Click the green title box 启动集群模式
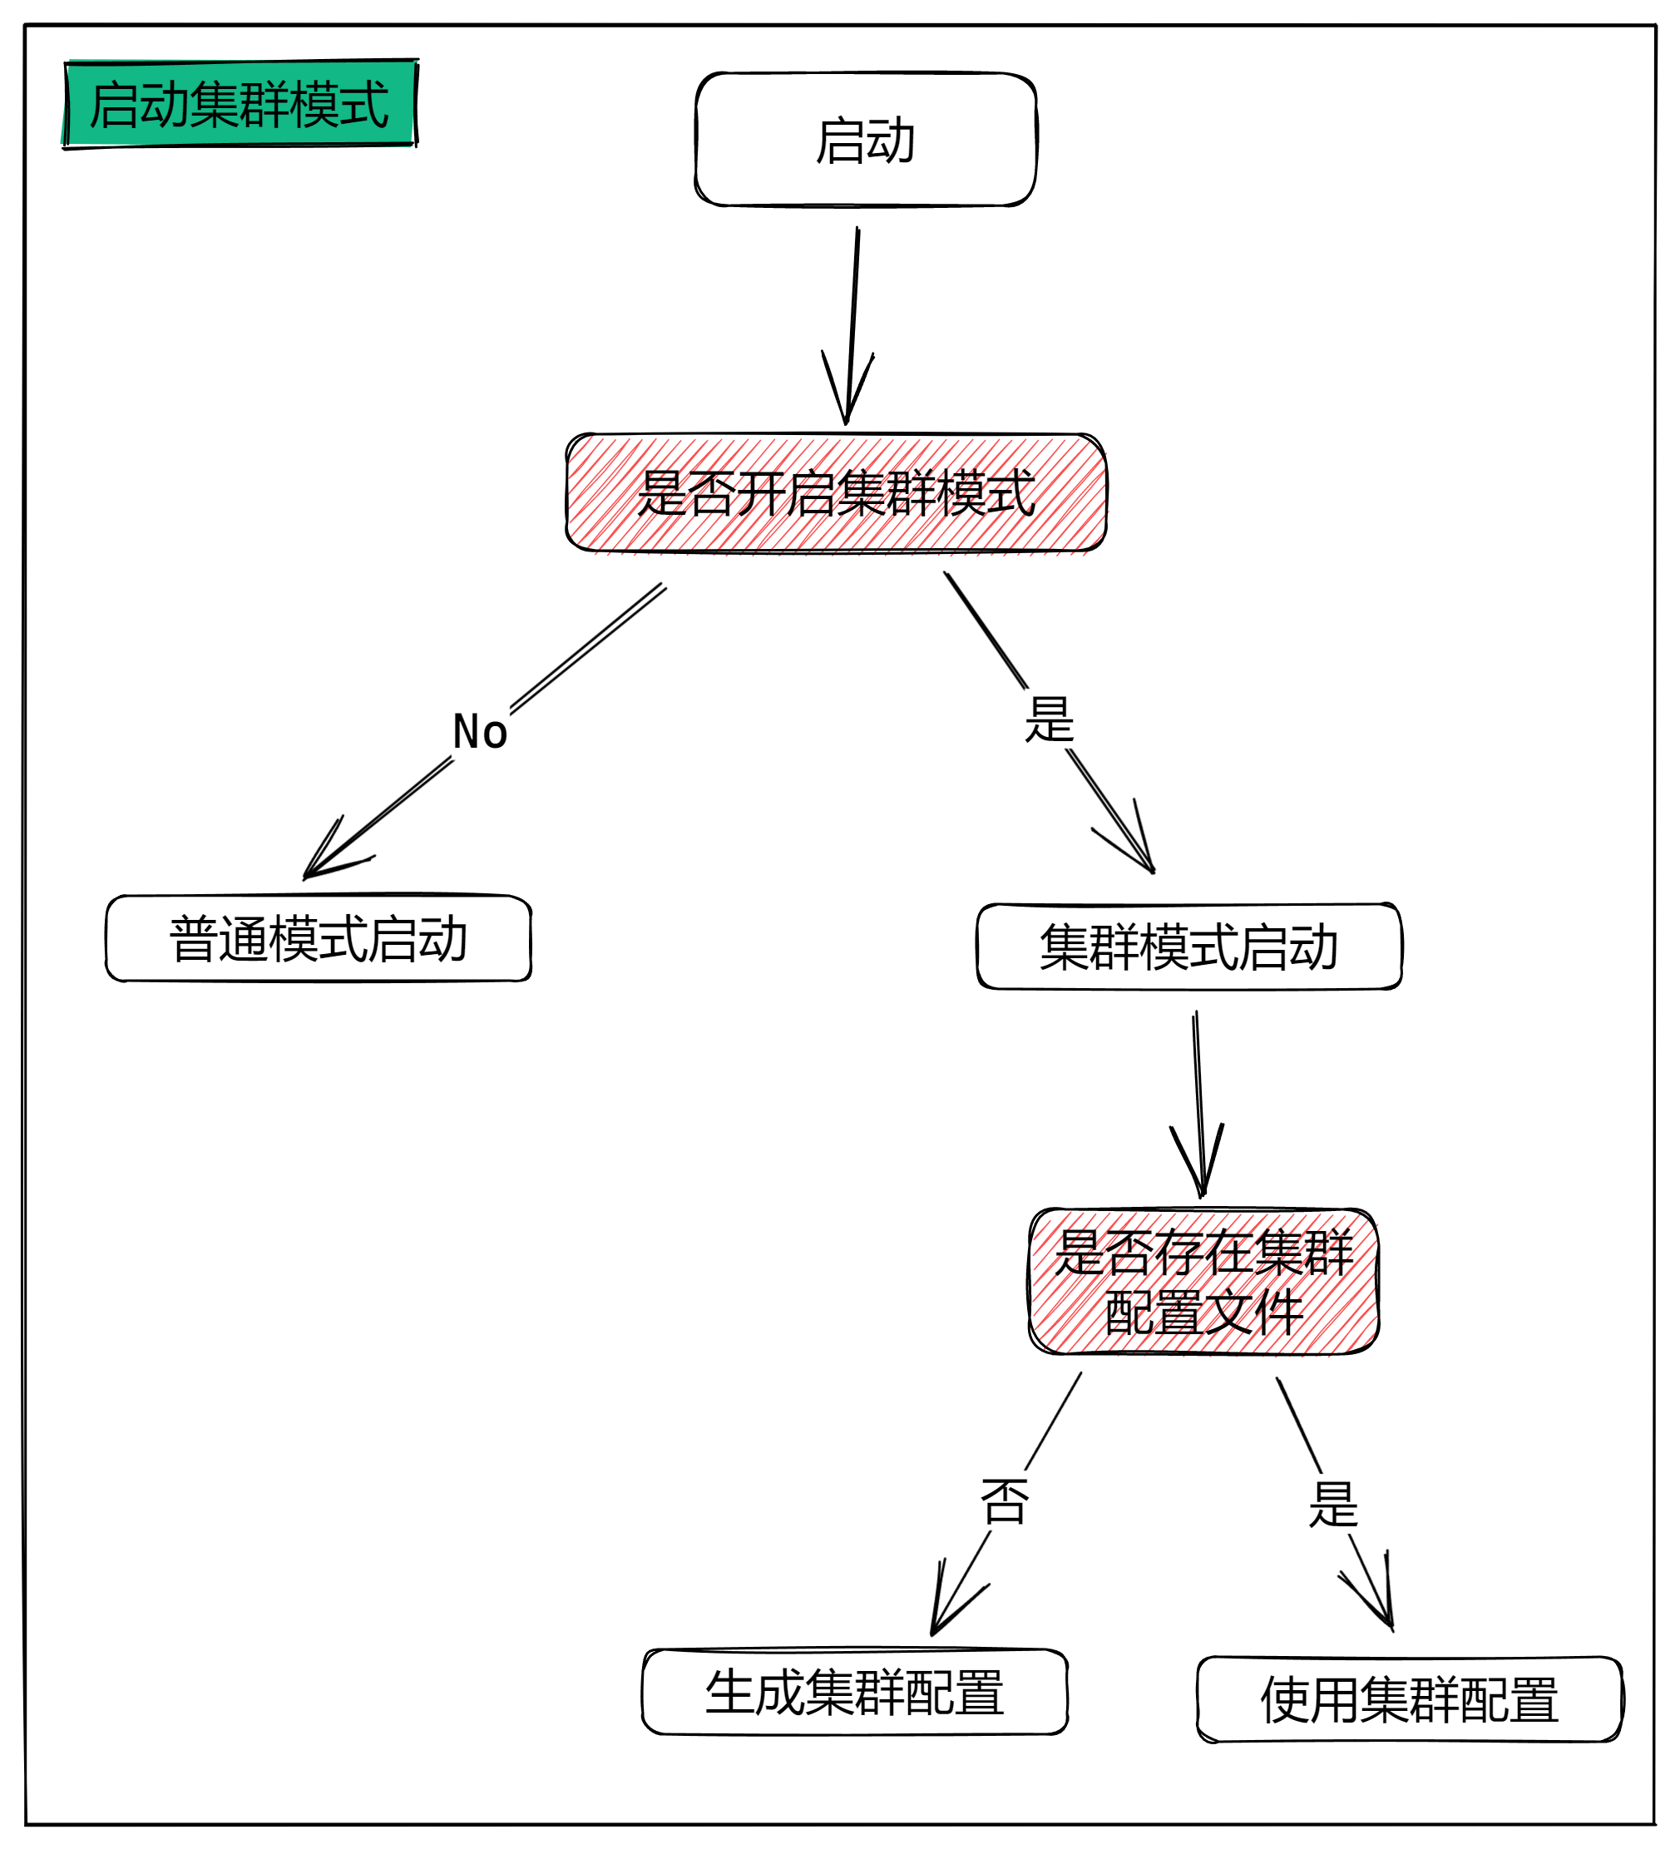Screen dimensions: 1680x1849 (x=240, y=104)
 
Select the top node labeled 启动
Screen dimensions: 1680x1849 (x=866, y=140)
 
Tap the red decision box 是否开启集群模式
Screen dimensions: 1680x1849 (x=837, y=493)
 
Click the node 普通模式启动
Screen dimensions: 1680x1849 (x=319, y=939)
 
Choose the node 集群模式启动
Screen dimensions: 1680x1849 (x=1189, y=947)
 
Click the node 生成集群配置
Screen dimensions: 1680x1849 (x=855, y=1692)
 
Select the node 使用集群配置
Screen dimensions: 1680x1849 (x=1410, y=1699)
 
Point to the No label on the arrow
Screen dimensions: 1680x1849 (x=481, y=732)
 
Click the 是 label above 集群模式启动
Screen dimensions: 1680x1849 (x=1049, y=719)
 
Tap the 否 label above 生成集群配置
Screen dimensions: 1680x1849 (x=1004, y=1502)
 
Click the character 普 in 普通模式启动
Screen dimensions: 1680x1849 (x=194, y=939)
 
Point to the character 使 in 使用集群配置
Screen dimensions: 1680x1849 (x=1285, y=1699)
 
